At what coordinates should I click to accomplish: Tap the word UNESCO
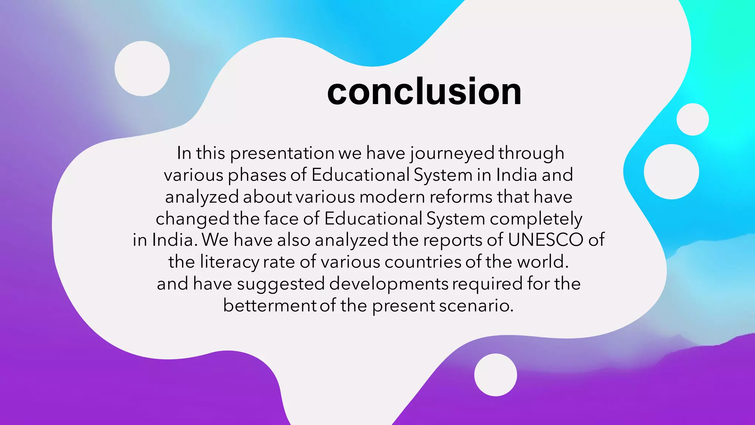546,240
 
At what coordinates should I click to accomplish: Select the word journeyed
452,153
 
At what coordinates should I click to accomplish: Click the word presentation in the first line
282,153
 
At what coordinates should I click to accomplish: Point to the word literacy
230,262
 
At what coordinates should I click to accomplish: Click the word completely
536,219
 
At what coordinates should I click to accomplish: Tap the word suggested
281,284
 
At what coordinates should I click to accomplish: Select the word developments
389,284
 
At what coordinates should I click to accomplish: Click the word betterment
269,305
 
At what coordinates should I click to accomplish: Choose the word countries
422,262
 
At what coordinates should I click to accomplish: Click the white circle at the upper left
142,69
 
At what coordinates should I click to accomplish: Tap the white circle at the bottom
495,375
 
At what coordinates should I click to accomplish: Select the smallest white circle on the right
692,120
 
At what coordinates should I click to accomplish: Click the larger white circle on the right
671,172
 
